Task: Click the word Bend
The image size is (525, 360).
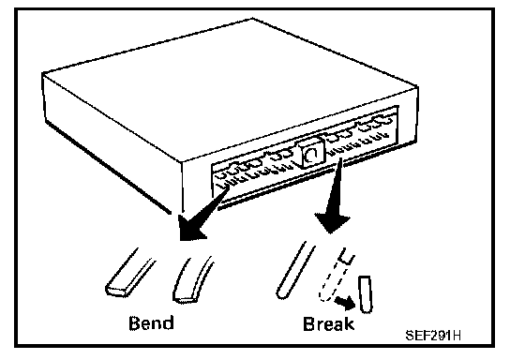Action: point(151,322)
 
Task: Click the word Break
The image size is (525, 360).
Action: point(328,323)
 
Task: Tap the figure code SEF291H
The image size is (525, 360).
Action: point(433,336)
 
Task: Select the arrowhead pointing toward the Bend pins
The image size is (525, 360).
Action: point(190,228)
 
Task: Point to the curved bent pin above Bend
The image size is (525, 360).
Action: point(191,281)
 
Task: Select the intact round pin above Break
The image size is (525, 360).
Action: point(294,271)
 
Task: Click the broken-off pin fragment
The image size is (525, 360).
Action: point(365,294)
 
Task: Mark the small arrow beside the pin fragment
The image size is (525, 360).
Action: point(346,303)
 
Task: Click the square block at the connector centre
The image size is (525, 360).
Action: point(310,153)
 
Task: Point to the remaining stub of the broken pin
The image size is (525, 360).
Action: point(347,256)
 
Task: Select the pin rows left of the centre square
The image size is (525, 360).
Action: point(255,168)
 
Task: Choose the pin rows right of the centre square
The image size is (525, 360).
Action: point(358,134)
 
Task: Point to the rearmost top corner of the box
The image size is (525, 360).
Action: point(252,19)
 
